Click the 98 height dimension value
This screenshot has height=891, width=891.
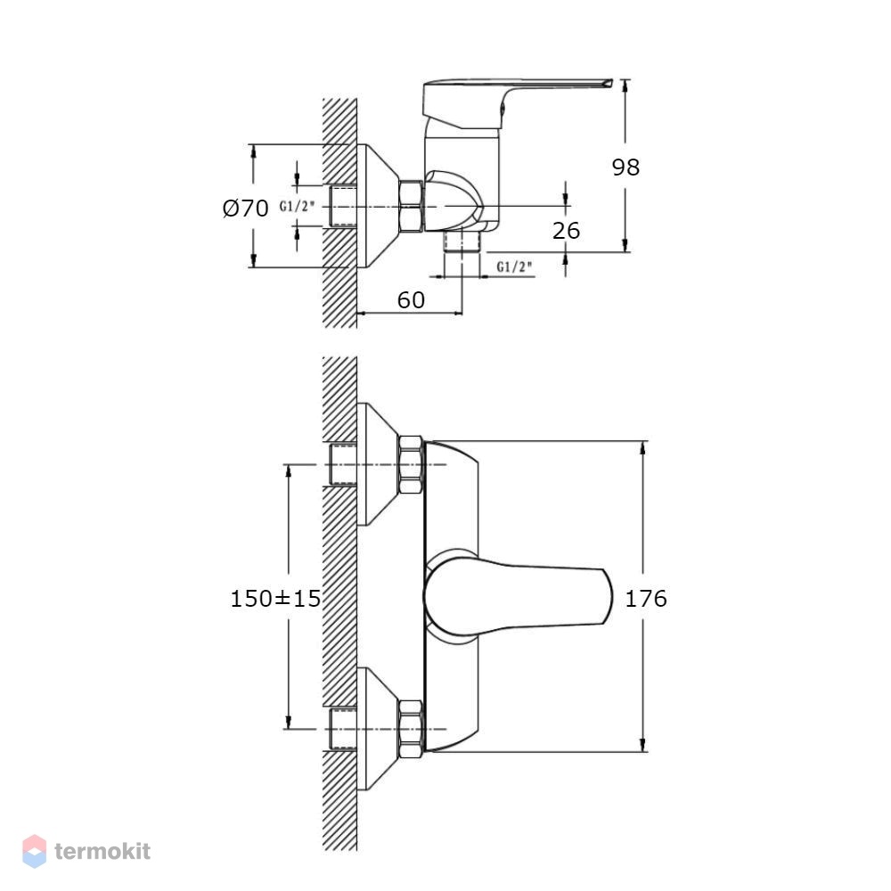(625, 168)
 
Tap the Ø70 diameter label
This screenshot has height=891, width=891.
(246, 208)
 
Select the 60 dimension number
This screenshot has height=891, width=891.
(411, 300)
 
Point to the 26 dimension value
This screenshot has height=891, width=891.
(566, 230)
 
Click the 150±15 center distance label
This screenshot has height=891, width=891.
(275, 599)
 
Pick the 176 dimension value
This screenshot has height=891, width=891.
(646, 599)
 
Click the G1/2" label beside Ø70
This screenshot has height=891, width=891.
(297, 207)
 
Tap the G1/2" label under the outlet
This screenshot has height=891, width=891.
(514, 266)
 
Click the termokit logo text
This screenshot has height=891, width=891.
(102, 851)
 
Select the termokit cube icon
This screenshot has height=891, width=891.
(34, 851)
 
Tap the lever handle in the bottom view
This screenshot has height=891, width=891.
(518, 596)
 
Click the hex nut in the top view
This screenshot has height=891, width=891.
(411, 206)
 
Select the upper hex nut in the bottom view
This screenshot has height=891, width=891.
(411, 465)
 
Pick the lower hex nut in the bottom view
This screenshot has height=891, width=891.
(411, 729)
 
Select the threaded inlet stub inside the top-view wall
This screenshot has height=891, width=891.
(343, 206)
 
